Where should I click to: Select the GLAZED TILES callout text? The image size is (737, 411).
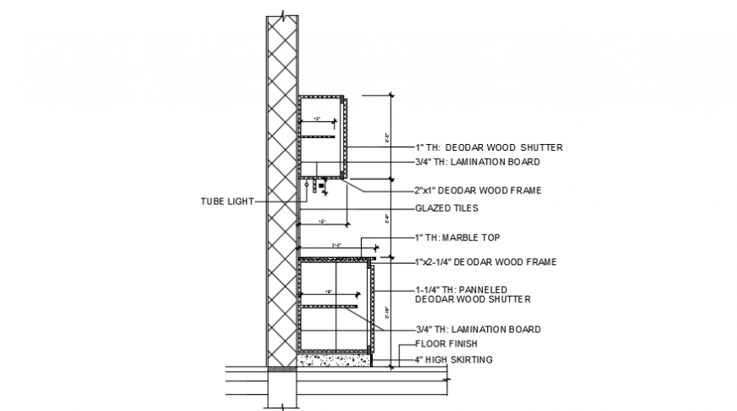coord(446,208)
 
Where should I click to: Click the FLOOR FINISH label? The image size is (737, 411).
coord(446,344)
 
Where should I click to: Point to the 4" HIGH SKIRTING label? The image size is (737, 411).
coord(453,360)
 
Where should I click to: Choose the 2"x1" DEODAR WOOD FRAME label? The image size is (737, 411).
coord(478,191)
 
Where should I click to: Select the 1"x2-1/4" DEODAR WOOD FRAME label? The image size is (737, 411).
coord(485,263)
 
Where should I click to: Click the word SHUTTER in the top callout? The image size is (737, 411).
coord(543,147)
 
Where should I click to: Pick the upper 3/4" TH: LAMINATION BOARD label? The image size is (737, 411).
coord(477,161)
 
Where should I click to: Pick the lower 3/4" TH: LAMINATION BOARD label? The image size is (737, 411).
coord(478,329)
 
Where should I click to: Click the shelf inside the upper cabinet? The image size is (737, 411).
coord(318,136)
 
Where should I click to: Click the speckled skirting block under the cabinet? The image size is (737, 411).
coord(335,360)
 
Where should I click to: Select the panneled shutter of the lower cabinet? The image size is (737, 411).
coord(371,309)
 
